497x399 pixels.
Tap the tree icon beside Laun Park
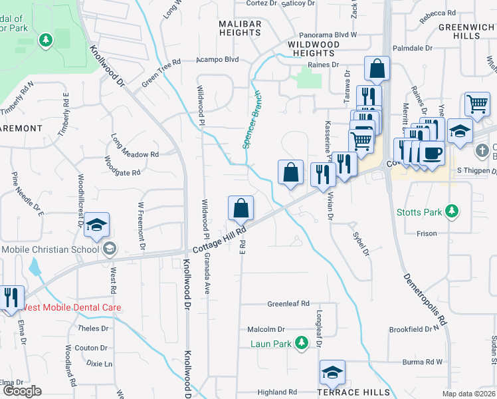coord(302,343)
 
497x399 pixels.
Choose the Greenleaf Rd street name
coord(288,304)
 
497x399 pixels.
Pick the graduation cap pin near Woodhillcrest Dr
coord(96,225)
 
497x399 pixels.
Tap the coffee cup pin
coord(432,154)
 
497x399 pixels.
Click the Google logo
coord(22,391)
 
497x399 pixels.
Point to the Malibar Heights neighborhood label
coord(240,29)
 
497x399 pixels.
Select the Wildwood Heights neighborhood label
coord(313,49)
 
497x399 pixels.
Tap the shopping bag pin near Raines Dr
coord(377,68)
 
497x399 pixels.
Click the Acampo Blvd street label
coord(217,59)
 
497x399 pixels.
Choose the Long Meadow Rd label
coord(135,154)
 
